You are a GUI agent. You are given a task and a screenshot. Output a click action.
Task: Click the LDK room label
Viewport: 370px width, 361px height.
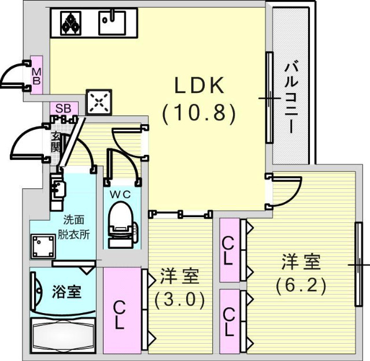pos(200,86)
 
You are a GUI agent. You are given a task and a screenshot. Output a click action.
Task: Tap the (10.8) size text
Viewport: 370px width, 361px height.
pos(199,113)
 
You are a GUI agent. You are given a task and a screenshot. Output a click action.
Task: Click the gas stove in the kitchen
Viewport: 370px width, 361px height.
pos(72,23)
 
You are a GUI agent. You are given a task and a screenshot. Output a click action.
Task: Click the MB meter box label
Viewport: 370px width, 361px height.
pos(36,76)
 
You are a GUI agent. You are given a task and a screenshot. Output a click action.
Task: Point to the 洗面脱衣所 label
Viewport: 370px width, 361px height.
pos(77,226)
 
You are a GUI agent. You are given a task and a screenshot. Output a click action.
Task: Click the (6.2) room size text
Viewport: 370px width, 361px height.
pos(301,284)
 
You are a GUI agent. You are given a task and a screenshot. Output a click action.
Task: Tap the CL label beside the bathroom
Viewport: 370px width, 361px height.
pos(120,315)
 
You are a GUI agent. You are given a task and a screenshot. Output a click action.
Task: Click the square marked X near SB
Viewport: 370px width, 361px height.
pos(98,103)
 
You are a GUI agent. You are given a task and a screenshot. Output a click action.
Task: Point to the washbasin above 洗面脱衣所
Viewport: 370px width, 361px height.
pos(57,188)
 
